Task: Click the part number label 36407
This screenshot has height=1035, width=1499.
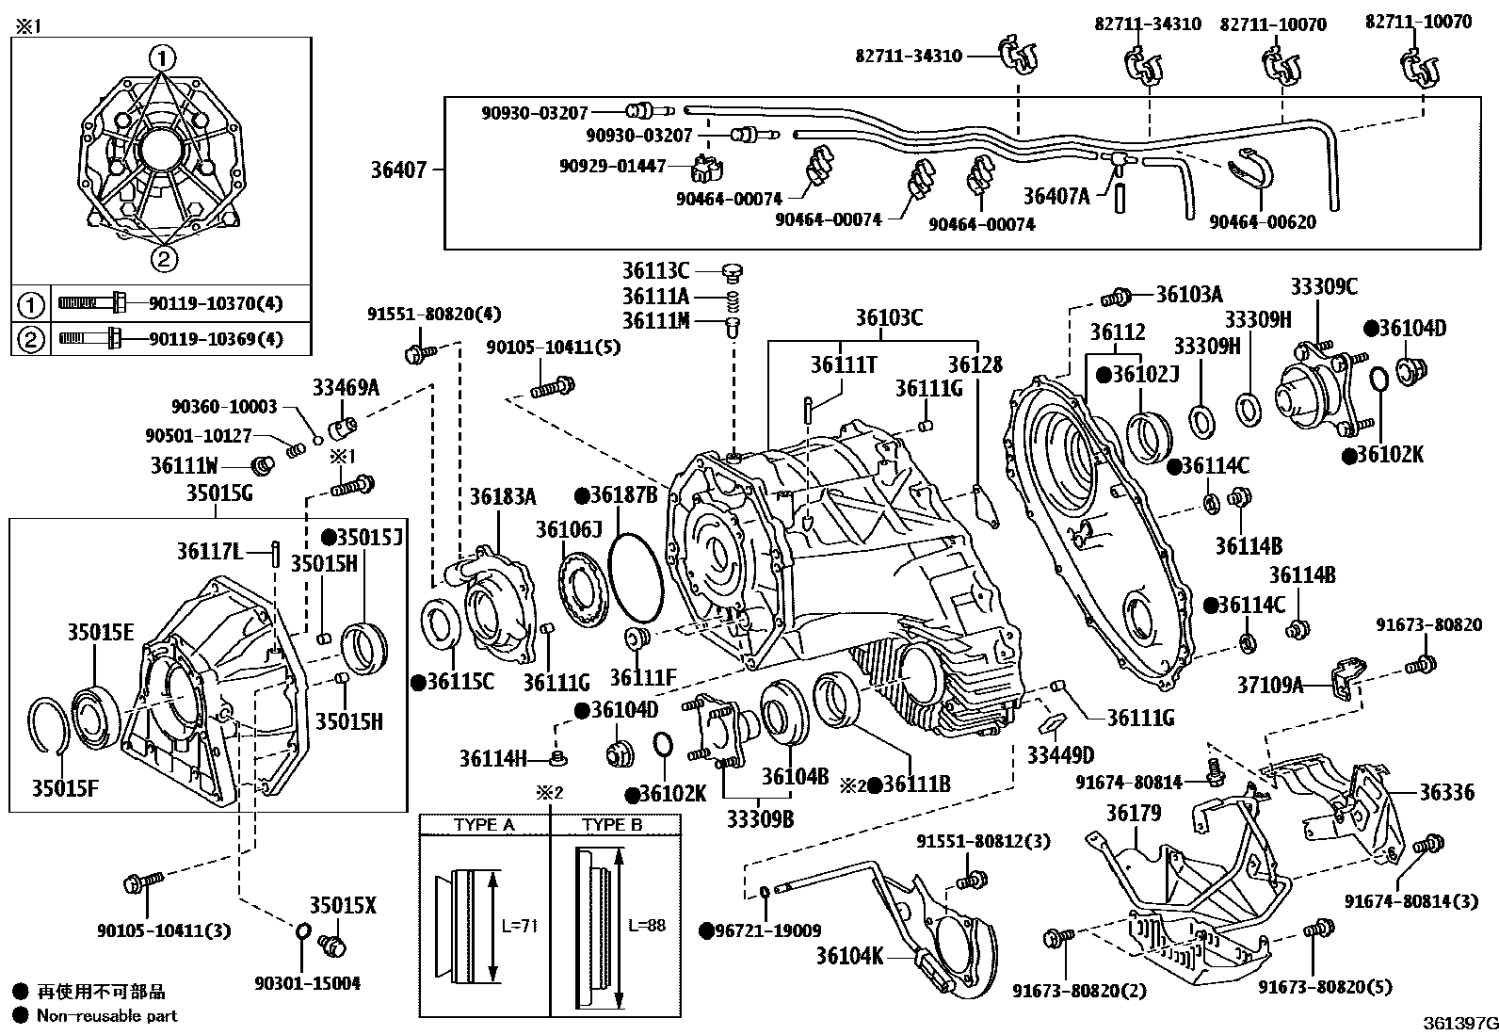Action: point(398,170)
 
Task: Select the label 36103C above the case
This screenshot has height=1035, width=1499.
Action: point(889,318)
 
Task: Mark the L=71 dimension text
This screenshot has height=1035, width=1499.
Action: point(519,926)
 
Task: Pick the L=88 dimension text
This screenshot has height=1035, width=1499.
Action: point(647,926)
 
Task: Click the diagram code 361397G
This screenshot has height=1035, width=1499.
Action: point(1459,1023)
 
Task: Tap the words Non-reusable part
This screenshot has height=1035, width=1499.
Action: point(106,1015)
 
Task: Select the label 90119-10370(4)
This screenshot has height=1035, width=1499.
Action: point(216,303)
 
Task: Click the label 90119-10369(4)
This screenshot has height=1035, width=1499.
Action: point(216,339)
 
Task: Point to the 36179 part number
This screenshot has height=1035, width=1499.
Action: point(1134,813)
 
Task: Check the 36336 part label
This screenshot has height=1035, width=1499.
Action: point(1446,793)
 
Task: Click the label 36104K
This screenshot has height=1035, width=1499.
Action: point(849,957)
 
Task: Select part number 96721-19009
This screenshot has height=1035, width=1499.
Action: point(766,930)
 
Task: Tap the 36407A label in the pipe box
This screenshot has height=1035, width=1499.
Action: point(1056,196)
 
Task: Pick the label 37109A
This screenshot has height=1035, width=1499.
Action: point(1270,686)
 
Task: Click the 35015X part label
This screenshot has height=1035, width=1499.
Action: point(343,906)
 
